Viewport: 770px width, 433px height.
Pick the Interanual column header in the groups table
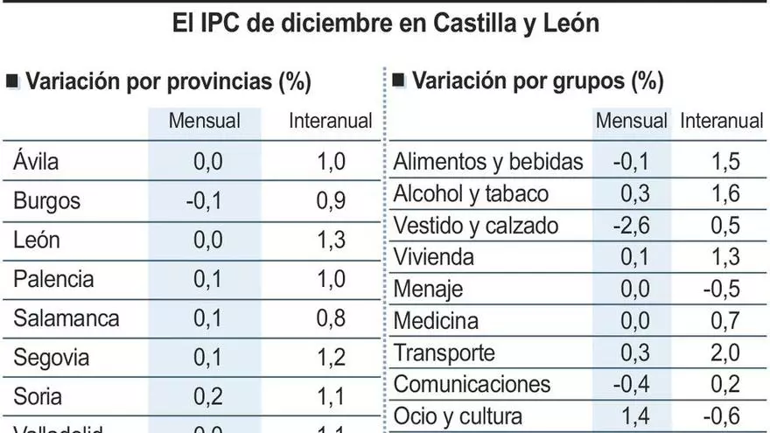coord(722,122)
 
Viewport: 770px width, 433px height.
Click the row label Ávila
coord(36,161)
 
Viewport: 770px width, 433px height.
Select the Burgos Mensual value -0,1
coord(204,201)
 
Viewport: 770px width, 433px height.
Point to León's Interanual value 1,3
coord(331,240)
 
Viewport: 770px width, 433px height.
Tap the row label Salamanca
coord(66,318)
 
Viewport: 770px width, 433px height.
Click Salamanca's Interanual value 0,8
coord(331,318)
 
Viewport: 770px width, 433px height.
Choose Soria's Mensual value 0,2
coord(207,397)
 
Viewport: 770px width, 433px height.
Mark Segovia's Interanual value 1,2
coord(331,358)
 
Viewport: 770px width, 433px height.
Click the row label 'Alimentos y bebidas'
coord(488,161)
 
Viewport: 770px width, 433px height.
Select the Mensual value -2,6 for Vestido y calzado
coord(630,225)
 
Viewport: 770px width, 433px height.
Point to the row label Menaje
coord(429,290)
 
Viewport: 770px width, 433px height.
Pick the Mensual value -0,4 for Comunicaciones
coord(630,384)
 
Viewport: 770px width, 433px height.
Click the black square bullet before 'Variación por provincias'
coord(12,82)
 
